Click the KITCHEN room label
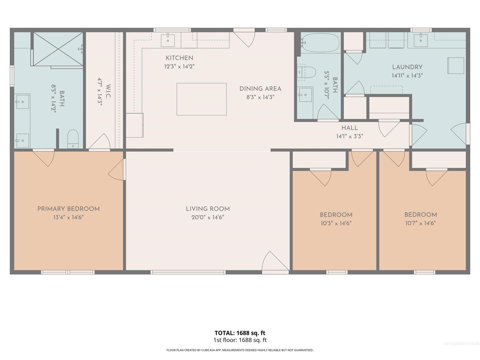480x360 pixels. coord(179,58)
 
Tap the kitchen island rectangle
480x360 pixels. coord(201,99)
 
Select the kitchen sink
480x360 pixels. coord(168,40)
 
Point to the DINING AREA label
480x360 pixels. coord(260,89)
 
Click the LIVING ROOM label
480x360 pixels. coord(208,209)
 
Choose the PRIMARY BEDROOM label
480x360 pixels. coord(68,209)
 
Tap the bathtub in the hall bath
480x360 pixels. coord(320,43)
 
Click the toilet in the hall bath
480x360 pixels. coord(307,72)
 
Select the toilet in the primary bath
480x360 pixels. coord(73,139)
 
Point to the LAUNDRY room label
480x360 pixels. coord(407,67)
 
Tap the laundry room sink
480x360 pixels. coord(421,40)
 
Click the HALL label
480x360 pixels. coord(350,128)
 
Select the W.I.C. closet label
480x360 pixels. coord(108,91)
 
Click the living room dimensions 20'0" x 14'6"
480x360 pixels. coord(208,217)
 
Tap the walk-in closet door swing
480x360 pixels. coord(99,142)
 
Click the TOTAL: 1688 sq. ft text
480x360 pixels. coord(240,333)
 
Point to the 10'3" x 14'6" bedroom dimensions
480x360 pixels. coord(336,223)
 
